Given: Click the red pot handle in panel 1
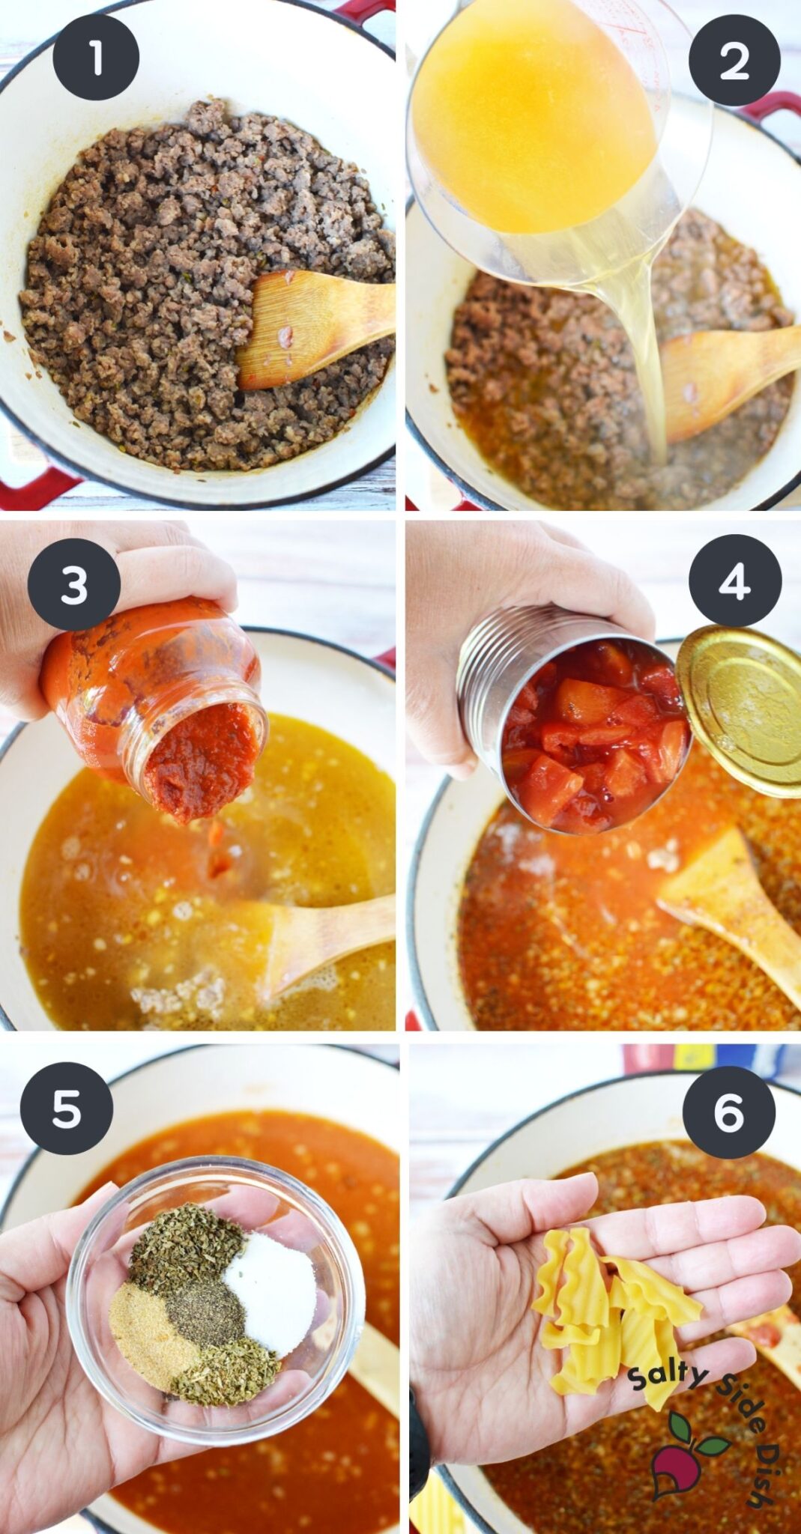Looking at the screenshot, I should click(34, 487).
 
